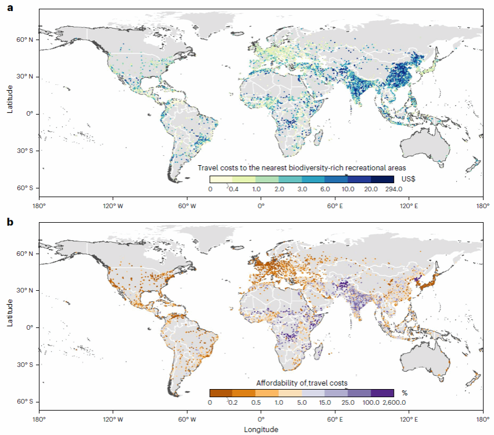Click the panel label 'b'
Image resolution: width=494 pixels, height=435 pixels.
[10, 222]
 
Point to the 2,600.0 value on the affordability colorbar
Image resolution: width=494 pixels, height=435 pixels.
[392, 402]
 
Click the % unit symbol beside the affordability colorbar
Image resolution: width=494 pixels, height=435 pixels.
[404, 393]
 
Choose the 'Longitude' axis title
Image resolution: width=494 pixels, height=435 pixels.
[262, 430]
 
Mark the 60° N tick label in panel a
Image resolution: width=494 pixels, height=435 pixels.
[24, 40]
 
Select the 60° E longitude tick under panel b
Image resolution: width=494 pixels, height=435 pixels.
[335, 419]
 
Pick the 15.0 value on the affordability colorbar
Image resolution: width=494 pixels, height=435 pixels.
[325, 402]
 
